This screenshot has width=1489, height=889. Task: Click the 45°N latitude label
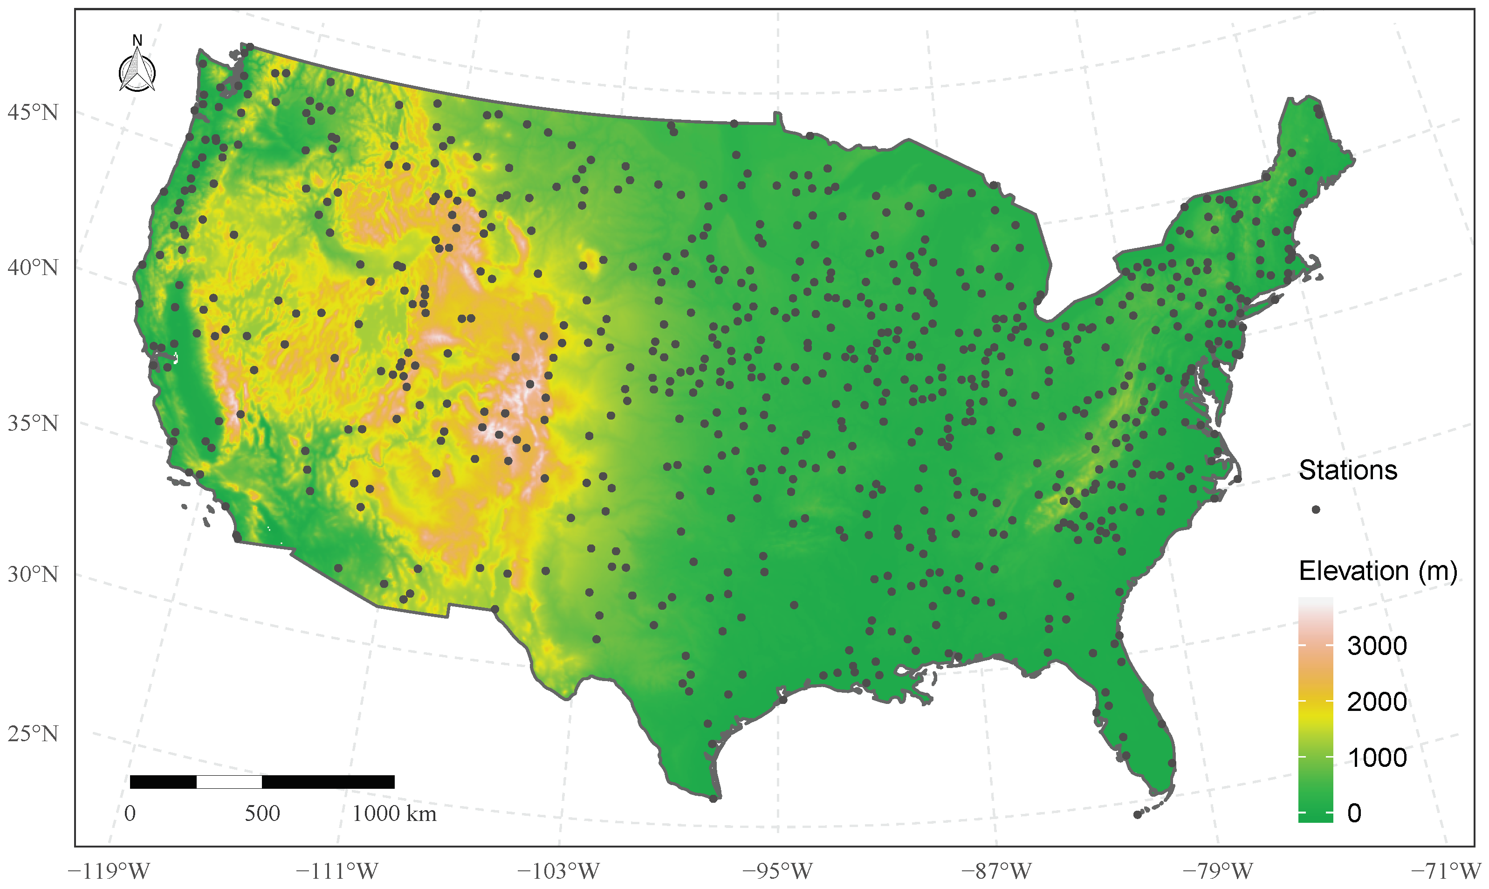tap(34, 112)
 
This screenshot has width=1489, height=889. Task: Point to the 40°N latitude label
tap(34, 267)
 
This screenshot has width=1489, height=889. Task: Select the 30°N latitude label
tap(34, 574)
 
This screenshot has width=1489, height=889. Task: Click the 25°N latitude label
tap(34, 733)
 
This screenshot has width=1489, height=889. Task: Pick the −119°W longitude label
tap(109, 871)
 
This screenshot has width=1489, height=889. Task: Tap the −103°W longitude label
tap(559, 871)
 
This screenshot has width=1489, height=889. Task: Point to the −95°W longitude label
tap(778, 871)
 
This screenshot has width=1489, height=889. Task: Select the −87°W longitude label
tap(997, 871)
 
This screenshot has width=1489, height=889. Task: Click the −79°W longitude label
tap(1218, 871)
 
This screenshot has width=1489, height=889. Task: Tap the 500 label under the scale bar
tap(262, 813)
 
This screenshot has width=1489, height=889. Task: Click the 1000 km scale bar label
tap(395, 813)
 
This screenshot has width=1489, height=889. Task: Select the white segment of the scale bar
tap(229, 782)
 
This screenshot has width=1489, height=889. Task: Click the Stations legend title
tap(1348, 470)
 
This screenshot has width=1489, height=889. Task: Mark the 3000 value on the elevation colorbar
tap(1376, 646)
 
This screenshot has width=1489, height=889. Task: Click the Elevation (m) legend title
tap(1378, 571)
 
